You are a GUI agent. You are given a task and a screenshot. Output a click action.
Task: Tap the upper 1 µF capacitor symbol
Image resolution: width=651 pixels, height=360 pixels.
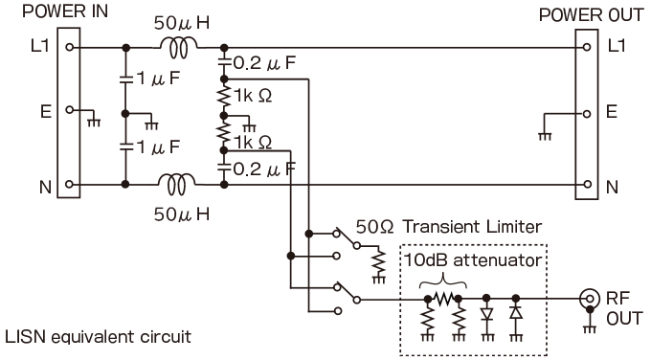[125, 80]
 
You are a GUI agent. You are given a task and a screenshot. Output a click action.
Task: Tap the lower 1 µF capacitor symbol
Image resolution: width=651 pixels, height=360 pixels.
[125, 147]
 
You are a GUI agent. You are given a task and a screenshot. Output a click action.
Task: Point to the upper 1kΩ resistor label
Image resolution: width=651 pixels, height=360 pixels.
[250, 96]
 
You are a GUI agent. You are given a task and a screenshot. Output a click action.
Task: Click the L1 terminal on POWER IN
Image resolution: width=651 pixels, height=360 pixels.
[70, 47]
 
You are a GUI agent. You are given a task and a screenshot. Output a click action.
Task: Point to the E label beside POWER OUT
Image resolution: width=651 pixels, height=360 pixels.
[612, 112]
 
